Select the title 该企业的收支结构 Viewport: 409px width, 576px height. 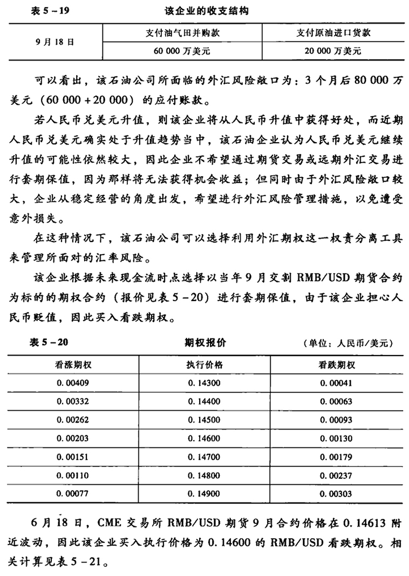click(207, 11)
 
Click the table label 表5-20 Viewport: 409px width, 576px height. click(48, 342)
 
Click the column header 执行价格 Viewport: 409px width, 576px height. click(204, 364)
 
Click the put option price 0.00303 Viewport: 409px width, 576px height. click(337, 493)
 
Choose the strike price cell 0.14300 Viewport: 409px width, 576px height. click(204, 383)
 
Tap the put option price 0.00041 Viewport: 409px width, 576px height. click(337, 383)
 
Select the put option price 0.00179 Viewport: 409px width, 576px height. click(337, 457)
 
